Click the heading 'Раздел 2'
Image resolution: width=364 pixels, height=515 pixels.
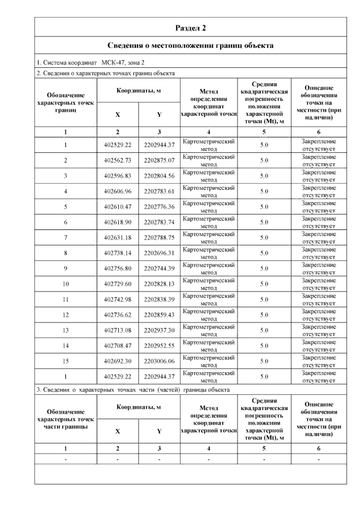coord(190,28)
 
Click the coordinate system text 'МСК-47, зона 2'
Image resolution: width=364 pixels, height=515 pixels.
coord(123,63)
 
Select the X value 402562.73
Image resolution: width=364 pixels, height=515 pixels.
coord(117,160)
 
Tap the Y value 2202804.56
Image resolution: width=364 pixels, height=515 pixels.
coord(159,176)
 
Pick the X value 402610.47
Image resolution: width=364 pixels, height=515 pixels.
coord(117,207)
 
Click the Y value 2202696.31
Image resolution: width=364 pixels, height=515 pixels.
coord(159,253)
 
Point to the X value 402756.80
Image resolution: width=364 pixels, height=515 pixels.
coord(117,268)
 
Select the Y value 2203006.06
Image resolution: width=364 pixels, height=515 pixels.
coord(159,361)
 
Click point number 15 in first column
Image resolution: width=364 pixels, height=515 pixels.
coord(66,361)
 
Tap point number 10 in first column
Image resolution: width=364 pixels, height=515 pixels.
coord(66,284)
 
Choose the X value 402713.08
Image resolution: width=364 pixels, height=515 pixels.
coord(117,330)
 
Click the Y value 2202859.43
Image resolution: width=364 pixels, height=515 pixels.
coord(159,315)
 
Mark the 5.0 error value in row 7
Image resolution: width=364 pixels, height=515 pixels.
coord(264,237)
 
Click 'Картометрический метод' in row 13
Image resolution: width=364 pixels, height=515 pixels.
coord(209,330)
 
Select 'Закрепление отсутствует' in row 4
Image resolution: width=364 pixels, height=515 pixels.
coord(318,191)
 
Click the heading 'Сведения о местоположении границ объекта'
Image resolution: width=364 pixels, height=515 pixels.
coord(190,46)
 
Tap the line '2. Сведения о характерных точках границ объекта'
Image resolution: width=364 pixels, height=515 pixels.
coord(106,73)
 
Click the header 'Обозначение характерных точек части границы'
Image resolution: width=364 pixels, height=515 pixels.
coord(66,419)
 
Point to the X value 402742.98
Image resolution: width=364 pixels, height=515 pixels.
coord(117,299)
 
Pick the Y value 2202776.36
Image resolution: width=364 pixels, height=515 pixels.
coord(159,207)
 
